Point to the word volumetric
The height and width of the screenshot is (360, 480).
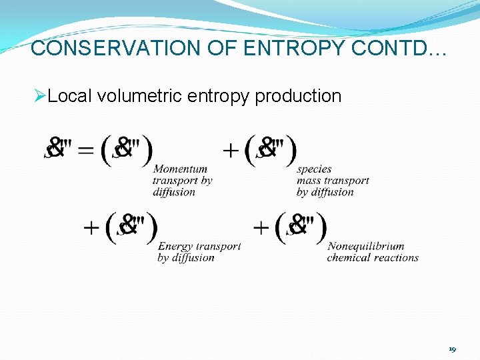140,97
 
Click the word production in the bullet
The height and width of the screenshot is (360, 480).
298,97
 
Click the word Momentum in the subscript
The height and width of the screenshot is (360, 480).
180,169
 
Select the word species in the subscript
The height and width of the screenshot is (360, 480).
314,169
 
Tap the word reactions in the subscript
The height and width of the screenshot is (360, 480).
397,257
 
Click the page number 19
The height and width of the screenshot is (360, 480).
452,349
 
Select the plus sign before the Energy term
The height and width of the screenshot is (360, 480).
92,227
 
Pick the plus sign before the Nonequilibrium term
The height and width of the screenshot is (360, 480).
261,227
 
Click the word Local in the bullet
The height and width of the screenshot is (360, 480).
71,97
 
